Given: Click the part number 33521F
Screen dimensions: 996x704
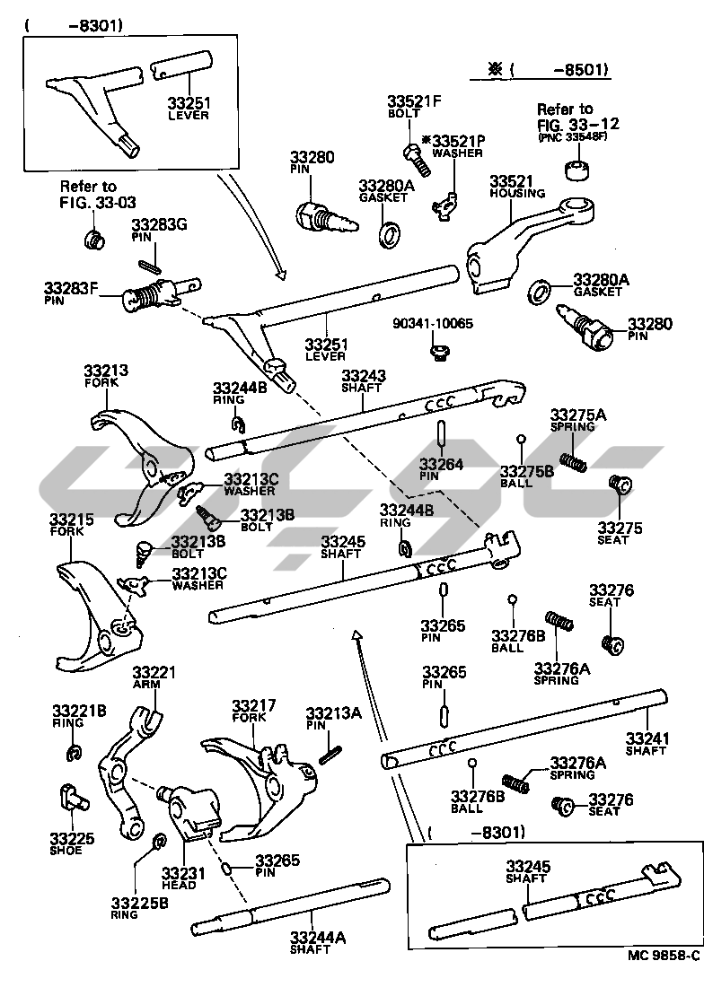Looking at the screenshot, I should coord(415,101).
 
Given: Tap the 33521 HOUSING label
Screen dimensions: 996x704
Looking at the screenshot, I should coord(516,186).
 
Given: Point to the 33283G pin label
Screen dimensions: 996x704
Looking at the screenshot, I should coord(159,231).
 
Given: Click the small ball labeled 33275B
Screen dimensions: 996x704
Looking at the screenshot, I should coord(520,439).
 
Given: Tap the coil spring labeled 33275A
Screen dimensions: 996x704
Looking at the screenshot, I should coord(574,461).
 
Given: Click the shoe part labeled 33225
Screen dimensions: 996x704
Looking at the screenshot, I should coord(69,795).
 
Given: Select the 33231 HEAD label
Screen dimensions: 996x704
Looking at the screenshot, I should coord(183,877).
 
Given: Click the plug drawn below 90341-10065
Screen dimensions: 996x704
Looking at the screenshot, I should coord(438,352).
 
